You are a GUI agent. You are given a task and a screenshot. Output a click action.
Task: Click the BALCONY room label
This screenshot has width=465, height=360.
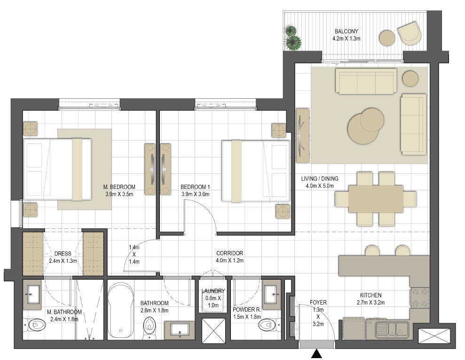point(346,31)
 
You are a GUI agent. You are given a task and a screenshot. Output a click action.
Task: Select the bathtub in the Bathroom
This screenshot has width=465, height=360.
point(120,311)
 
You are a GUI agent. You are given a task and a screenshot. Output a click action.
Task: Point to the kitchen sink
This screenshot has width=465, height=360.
point(392,329)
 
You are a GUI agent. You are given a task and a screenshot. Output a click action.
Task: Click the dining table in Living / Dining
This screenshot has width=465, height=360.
point(376,199)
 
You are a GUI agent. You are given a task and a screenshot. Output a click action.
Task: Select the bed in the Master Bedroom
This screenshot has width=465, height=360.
point(57,169)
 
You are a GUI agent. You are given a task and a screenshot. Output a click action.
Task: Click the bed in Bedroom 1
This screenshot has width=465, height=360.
point(256,171)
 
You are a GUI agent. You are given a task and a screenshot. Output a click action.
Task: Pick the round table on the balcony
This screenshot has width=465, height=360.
point(387,38)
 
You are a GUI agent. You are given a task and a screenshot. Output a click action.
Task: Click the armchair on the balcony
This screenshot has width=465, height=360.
point(409,33)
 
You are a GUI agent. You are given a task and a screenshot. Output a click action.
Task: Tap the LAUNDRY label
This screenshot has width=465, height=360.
point(213,291)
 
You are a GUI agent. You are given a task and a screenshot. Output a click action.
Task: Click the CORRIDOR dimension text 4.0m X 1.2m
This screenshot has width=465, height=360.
point(230,261)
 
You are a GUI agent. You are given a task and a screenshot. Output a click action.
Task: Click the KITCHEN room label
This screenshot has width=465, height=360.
point(370,295)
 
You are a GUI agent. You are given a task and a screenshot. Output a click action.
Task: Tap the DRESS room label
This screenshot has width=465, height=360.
point(63,254)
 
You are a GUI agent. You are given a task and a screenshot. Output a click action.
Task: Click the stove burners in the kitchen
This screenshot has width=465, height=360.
point(419,298)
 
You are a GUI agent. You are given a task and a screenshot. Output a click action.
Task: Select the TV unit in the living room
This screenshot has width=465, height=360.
point(303,135)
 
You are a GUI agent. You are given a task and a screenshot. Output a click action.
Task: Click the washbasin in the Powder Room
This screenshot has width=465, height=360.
point(272,295)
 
